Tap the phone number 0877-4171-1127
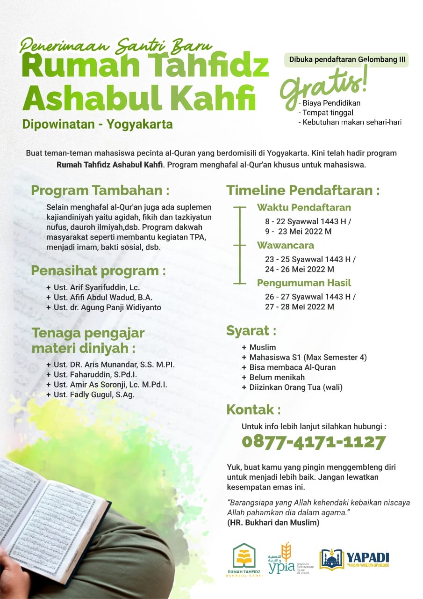point(314,442)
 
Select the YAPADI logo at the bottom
point(354,559)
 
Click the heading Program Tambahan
point(100,191)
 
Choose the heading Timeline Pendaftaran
point(303,191)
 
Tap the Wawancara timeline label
point(286,245)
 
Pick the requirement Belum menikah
point(277,377)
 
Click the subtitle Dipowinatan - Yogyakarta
point(97,124)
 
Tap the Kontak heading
point(253,410)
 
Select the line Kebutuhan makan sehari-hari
point(351,122)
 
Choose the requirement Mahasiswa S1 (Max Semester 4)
point(308,358)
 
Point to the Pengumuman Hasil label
point(304,283)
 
